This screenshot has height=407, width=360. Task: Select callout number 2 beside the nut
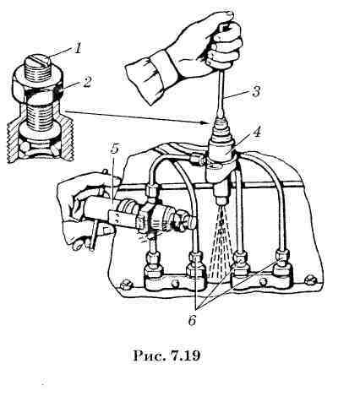87,83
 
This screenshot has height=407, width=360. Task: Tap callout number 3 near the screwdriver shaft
255,91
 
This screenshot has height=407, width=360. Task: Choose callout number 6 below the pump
192,320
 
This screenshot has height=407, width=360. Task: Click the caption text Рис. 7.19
166,355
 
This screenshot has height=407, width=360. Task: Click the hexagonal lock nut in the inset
37,84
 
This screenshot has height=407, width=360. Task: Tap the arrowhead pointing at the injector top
205,123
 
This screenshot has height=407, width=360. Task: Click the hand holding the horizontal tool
86,209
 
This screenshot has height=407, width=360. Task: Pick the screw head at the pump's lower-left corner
125,285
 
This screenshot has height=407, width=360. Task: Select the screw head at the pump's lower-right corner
310,279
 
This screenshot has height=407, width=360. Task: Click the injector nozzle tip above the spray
221,201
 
